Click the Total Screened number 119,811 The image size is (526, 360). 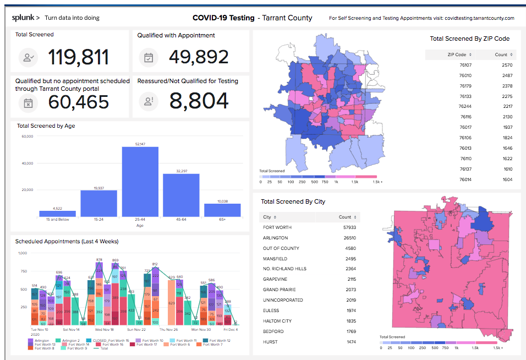point(79,57)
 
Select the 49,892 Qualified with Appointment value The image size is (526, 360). point(199,57)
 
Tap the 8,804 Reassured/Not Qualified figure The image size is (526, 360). point(199,101)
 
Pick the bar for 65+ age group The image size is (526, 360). point(222,210)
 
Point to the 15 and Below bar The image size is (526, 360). point(57,214)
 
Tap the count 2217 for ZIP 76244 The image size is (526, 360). point(507,106)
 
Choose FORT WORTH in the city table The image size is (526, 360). point(277,227)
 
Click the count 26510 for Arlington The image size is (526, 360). point(348,238)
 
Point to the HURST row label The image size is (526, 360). point(270,342)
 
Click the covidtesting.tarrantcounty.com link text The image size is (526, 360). point(479,18)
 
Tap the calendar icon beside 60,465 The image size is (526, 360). point(28,102)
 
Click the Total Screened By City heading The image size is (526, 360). point(293,201)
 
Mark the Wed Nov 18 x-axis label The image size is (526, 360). point(104,329)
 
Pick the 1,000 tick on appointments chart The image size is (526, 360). point(23,253)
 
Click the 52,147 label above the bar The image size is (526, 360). point(140,144)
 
